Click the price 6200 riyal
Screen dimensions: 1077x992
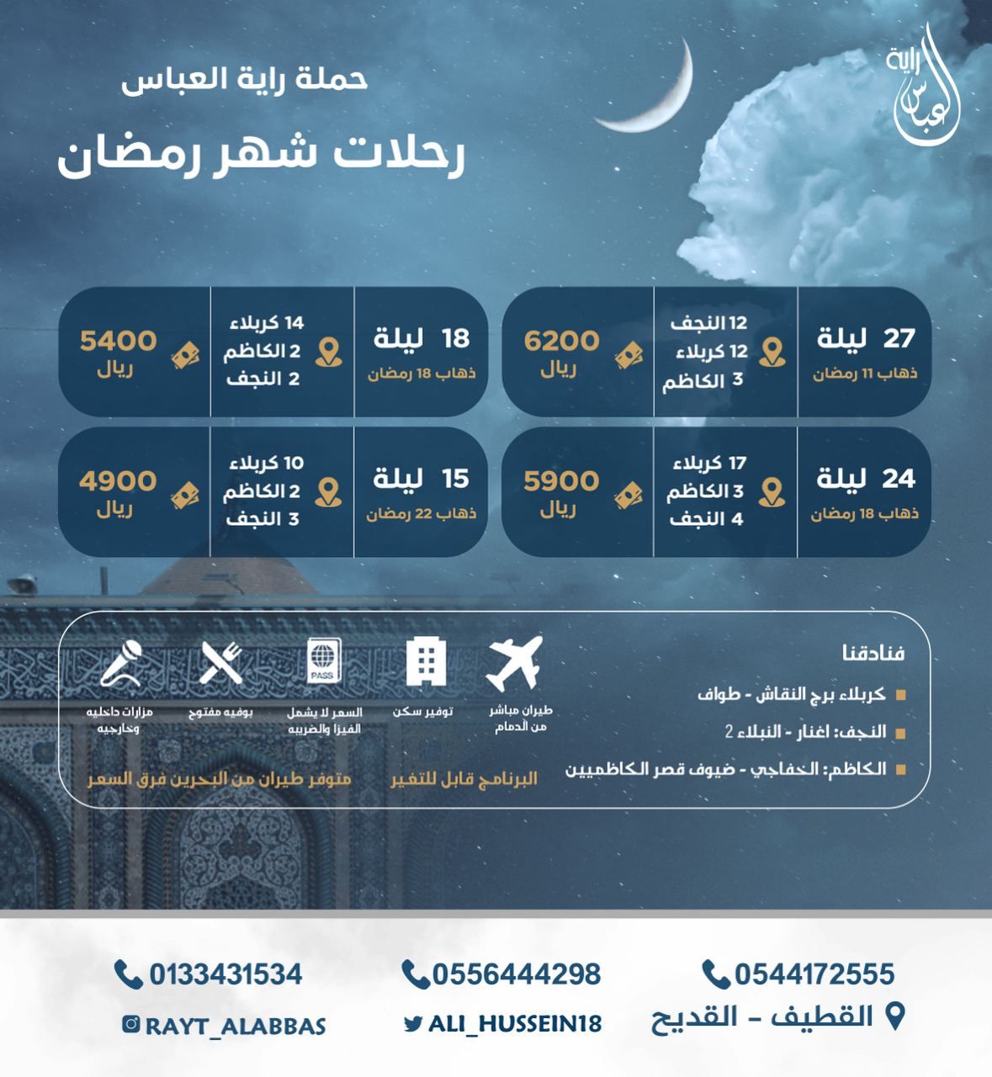[562, 341]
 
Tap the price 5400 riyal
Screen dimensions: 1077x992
[119, 341]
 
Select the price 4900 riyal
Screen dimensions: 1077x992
[119, 481]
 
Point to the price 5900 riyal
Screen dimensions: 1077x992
[562, 481]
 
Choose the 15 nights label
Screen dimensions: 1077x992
[422, 479]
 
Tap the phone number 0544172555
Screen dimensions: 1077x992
[814, 974]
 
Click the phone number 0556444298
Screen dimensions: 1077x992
[516, 974]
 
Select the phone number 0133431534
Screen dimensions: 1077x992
[225, 974]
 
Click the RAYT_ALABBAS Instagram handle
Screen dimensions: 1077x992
[235, 1026]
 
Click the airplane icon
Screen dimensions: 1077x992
[514, 663]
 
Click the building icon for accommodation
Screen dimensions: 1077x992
[426, 662]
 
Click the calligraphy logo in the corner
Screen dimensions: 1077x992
[924, 88]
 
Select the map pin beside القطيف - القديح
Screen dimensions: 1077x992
[896, 1016]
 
